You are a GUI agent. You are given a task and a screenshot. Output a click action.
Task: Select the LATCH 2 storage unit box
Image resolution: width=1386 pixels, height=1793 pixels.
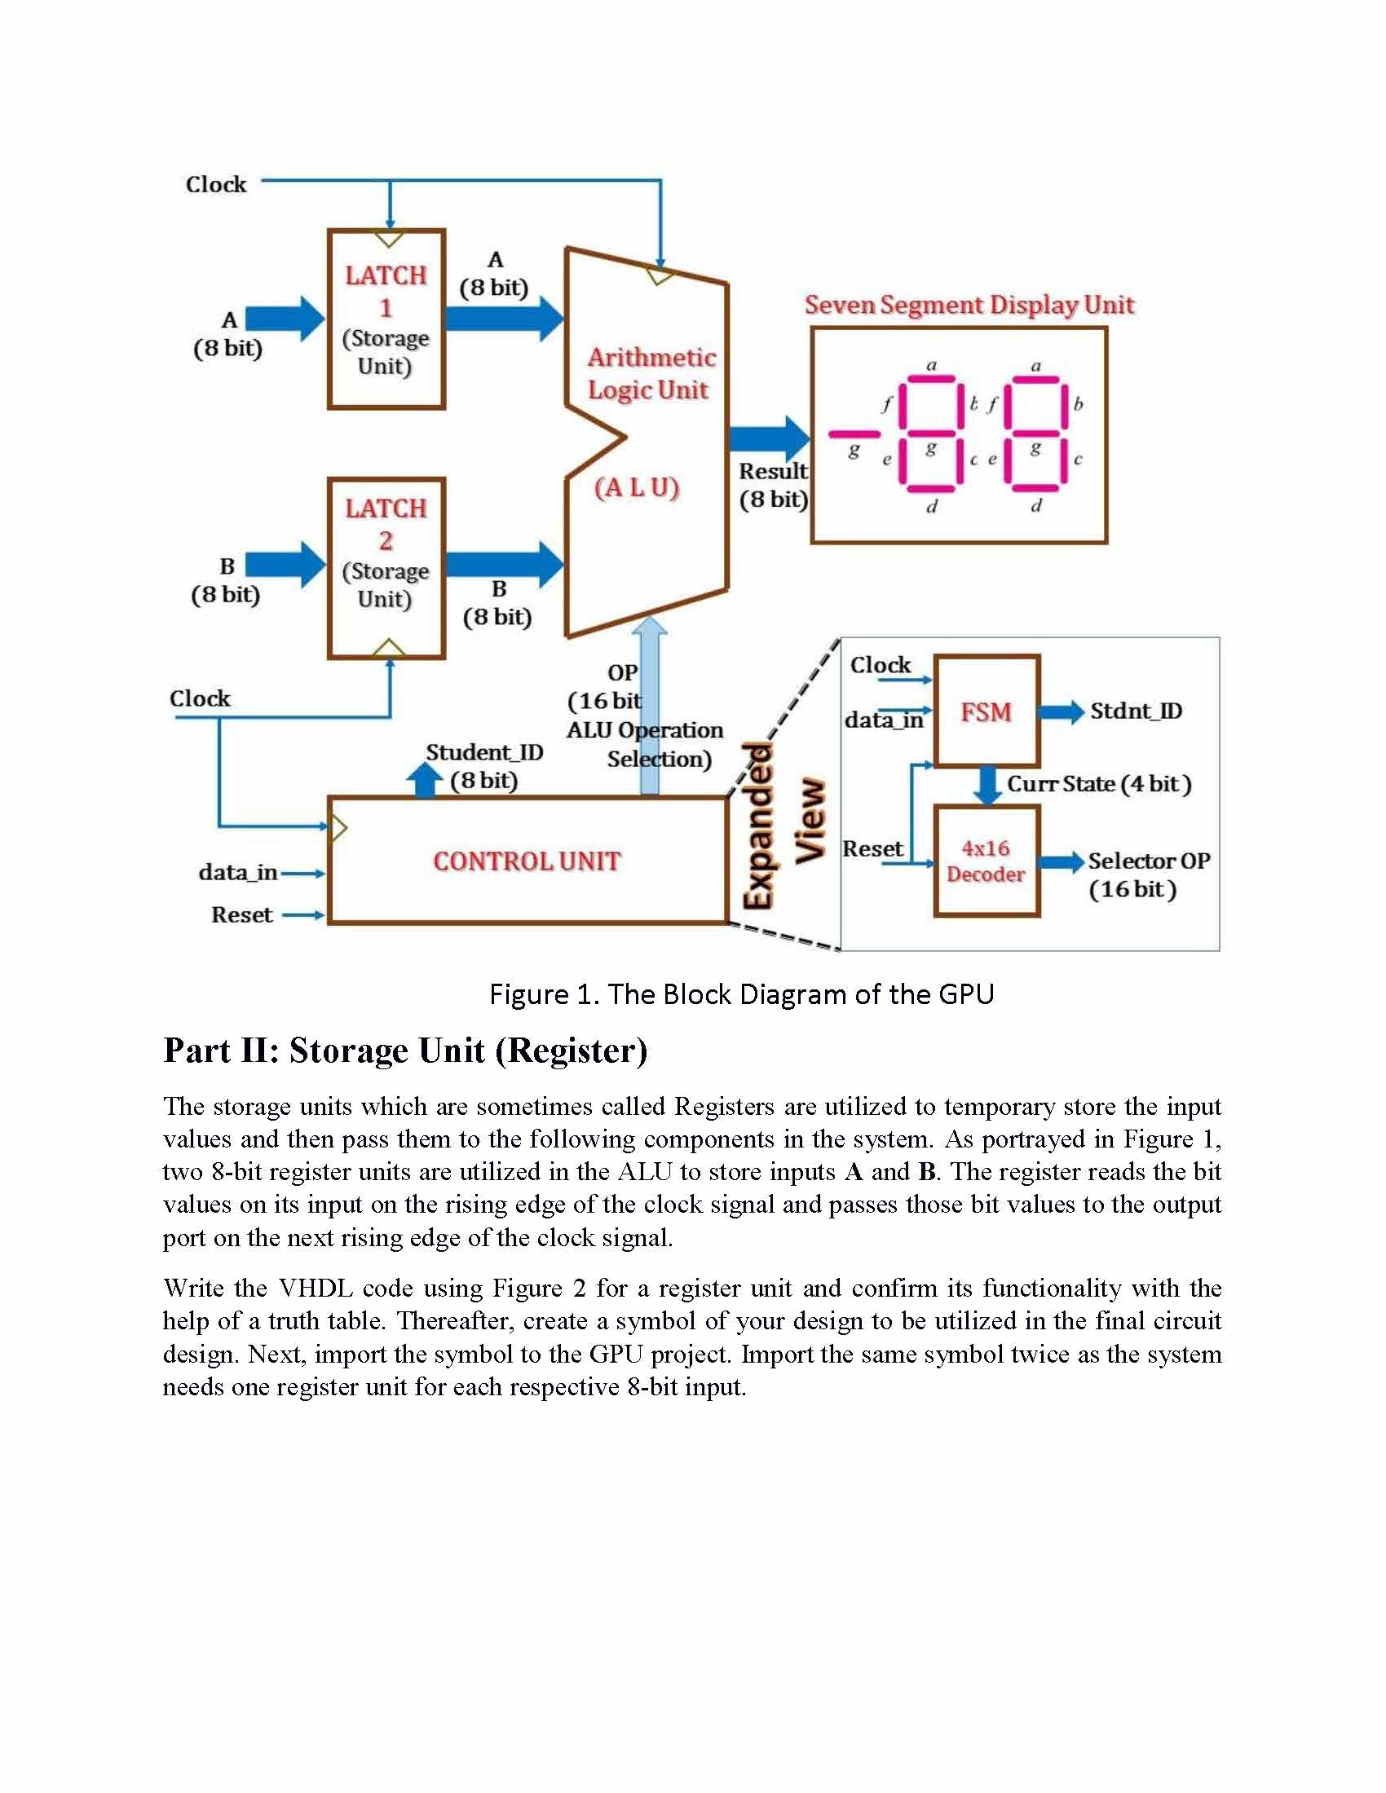(386, 567)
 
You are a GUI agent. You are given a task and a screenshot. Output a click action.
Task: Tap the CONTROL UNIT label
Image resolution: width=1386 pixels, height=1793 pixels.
(527, 861)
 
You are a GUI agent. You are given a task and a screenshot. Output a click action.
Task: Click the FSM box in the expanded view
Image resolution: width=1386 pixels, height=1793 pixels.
(987, 711)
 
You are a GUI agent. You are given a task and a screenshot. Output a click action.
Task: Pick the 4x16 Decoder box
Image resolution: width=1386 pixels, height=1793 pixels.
(987, 861)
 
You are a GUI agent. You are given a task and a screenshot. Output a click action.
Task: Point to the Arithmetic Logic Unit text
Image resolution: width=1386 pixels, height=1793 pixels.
(650, 373)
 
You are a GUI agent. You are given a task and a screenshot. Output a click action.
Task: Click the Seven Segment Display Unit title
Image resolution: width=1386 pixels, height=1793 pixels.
(969, 305)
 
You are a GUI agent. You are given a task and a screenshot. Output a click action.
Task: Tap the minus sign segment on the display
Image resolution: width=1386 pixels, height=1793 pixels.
(854, 434)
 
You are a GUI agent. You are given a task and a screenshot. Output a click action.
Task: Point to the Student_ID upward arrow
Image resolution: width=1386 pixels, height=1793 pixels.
(425, 779)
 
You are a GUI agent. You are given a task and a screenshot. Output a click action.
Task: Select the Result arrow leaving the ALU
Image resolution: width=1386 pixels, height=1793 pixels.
(769, 438)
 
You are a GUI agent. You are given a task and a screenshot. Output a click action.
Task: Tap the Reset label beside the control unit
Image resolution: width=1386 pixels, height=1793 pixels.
(241, 914)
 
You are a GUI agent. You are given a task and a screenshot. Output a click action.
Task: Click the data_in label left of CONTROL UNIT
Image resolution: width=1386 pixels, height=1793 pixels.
(237, 872)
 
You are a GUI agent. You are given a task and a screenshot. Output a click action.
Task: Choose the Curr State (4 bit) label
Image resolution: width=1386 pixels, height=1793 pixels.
(1099, 784)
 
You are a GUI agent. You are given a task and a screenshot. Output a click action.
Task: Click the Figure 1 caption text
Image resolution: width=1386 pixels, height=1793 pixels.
(741, 994)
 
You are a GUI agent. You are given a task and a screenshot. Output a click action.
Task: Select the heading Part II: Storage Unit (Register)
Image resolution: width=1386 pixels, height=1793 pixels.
(406, 1051)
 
